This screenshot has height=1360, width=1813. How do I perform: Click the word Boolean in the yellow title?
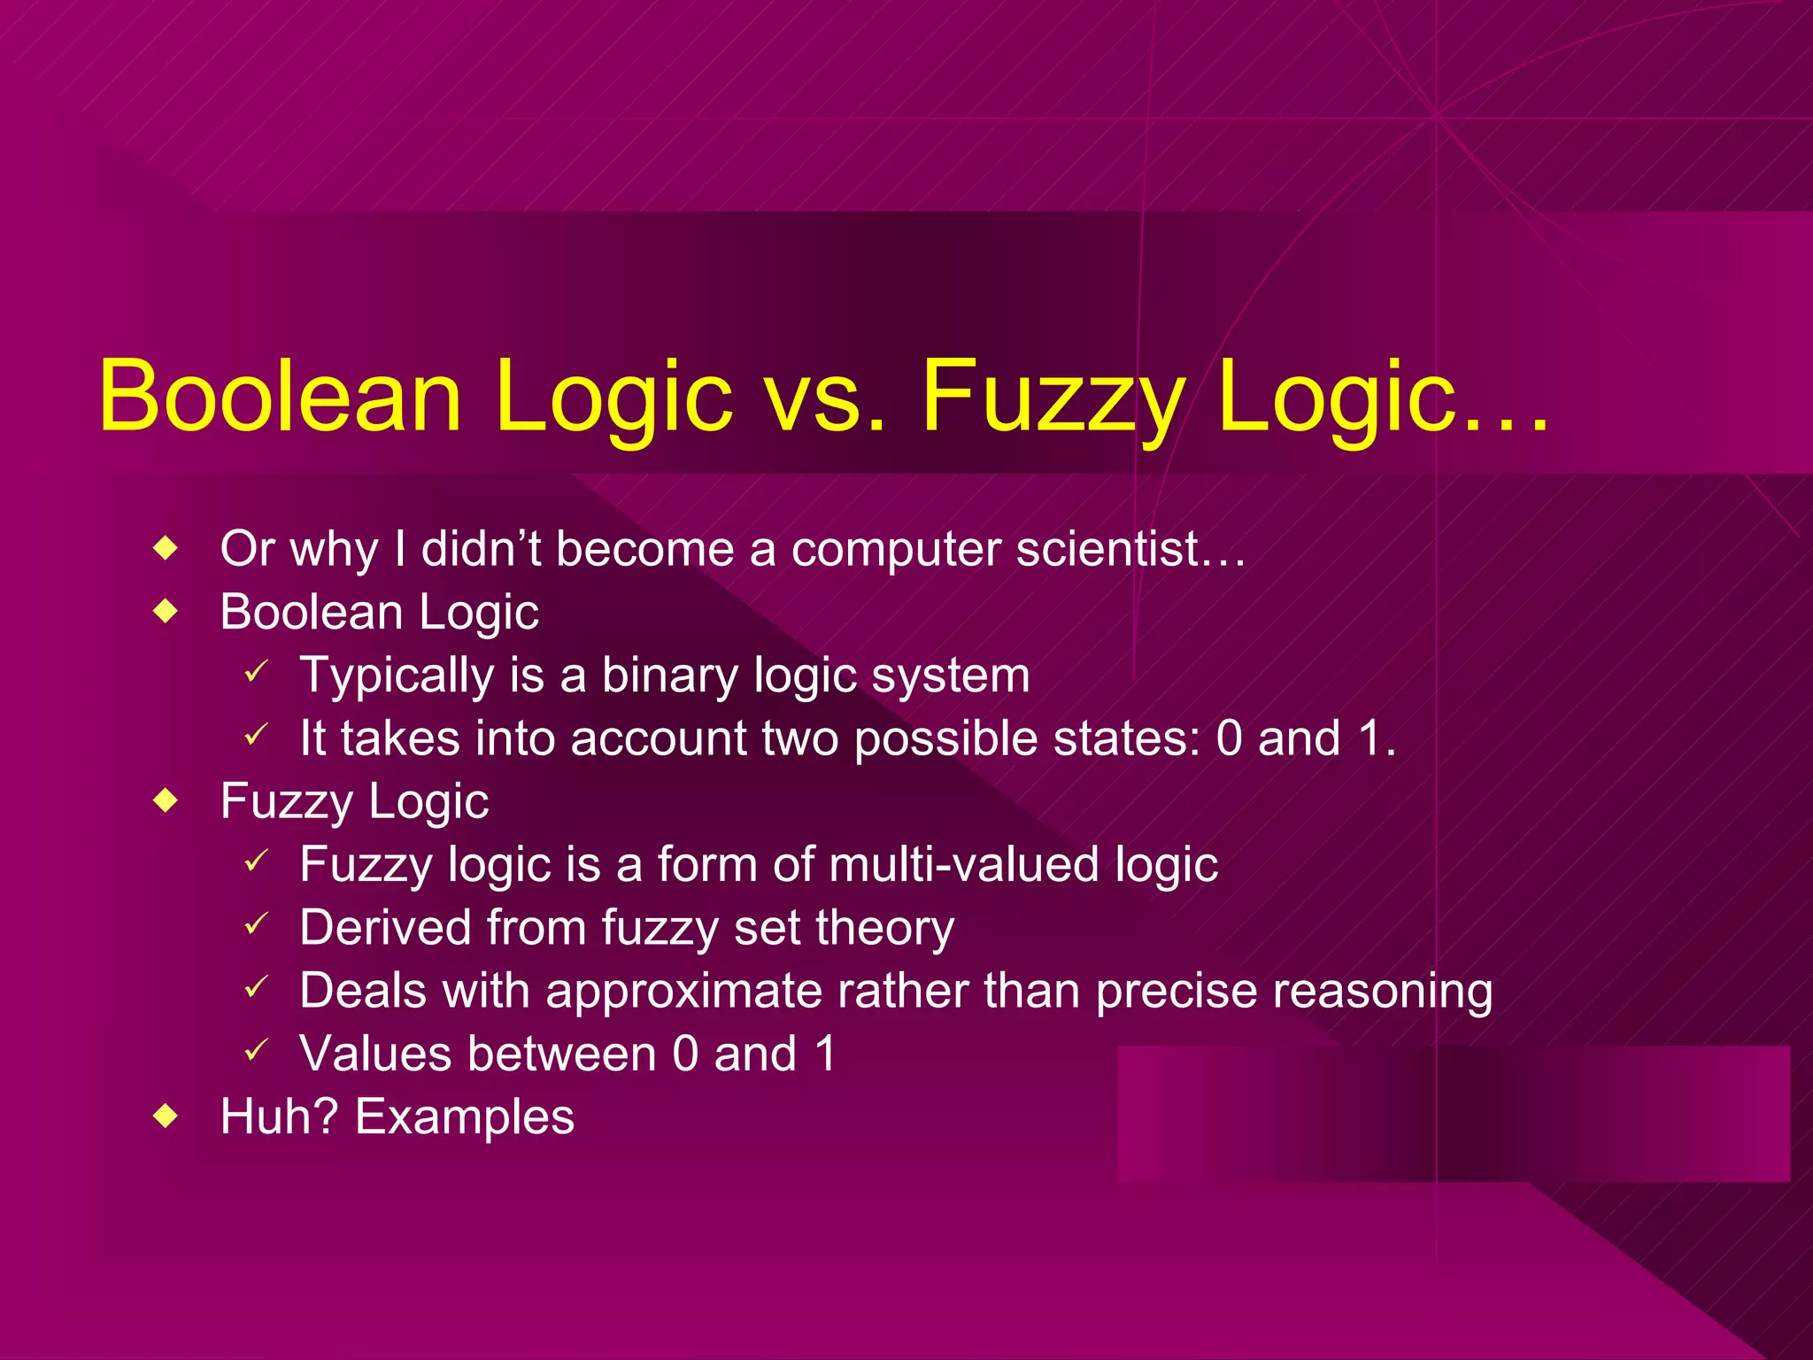coord(280,396)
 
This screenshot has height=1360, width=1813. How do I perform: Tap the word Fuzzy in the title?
coord(1053,396)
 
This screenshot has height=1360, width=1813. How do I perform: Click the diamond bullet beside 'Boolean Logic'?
coord(166,612)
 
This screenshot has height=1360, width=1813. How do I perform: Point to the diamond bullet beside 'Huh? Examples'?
coord(166,1117)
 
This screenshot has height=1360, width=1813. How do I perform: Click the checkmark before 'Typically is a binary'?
coord(256,673)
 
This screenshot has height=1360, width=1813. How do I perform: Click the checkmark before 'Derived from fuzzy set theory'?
coord(256,925)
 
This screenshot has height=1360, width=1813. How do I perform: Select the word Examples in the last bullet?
coord(464,1117)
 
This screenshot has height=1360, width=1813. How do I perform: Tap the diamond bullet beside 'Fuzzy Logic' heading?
coord(166,801)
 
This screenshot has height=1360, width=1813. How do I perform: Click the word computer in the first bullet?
coord(895,549)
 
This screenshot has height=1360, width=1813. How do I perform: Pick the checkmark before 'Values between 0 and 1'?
coord(256,1051)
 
